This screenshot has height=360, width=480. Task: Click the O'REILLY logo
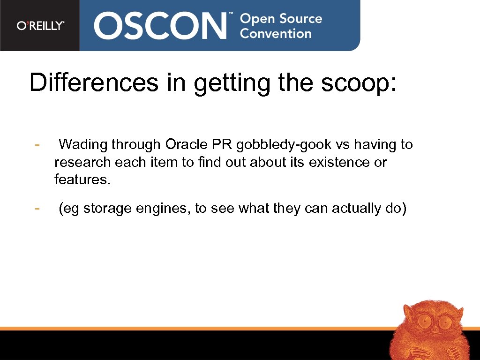40,26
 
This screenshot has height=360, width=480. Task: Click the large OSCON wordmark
160,26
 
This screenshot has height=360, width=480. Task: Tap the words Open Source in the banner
281,19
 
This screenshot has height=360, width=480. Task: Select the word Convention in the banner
276,34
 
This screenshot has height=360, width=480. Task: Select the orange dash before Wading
37,144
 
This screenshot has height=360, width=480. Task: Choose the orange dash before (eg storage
37,208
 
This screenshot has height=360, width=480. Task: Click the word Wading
83,144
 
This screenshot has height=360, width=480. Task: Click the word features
82,180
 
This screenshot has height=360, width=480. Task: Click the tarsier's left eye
424,322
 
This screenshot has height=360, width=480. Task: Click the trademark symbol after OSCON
230,15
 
